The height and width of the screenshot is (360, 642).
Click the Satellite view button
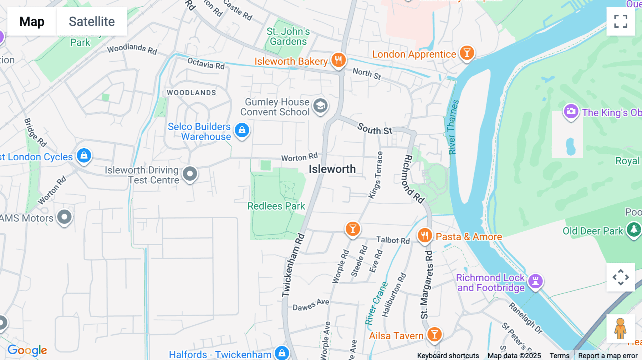92,21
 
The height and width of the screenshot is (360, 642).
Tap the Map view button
32,21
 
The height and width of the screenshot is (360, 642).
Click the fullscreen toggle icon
621,21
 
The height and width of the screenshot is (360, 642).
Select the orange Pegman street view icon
620,329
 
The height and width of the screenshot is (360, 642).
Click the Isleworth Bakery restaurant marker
338,60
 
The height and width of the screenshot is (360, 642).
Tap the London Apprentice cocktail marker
467,53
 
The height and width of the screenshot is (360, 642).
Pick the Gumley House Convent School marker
320,106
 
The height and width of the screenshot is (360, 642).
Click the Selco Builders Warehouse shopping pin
242,130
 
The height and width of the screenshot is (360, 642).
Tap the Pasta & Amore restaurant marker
424,236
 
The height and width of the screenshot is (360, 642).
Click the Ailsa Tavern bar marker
434,335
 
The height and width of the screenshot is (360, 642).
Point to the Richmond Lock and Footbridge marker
535,281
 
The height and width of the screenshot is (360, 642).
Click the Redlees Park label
276,206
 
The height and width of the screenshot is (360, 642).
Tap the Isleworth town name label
332,169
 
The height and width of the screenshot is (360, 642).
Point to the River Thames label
453,127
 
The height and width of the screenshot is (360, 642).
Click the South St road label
374,129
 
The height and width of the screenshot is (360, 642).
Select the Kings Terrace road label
376,175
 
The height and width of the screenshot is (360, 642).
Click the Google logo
27,350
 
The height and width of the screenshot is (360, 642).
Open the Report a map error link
608,355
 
